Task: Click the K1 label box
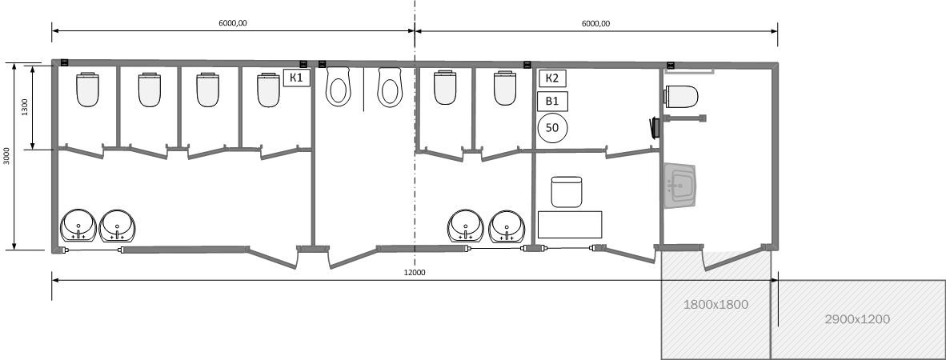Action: point(297,78)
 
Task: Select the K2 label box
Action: point(552,78)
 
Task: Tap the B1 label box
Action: point(552,101)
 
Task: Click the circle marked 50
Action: point(552,127)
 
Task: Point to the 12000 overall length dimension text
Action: point(415,272)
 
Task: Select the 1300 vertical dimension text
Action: point(25,106)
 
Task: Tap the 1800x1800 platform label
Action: point(716,305)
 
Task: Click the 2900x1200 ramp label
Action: point(856,319)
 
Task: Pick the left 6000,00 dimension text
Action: point(233,23)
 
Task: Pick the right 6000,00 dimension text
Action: point(596,23)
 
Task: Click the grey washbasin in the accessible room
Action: point(680,186)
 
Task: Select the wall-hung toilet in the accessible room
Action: point(681,97)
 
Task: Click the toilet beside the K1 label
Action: point(268,90)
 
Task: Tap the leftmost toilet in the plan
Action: point(87,90)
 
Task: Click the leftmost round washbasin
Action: point(78,225)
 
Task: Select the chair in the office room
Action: point(567,192)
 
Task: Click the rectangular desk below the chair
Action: point(570,224)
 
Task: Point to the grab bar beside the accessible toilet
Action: point(685,118)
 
